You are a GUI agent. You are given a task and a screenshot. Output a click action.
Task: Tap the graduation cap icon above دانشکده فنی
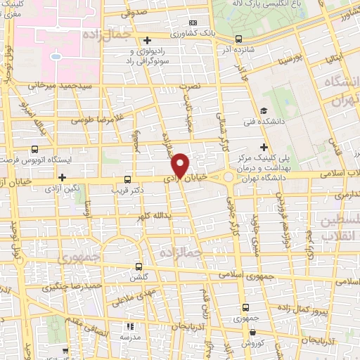coord(262,110)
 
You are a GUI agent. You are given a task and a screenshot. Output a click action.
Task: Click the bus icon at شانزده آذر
coord(238,39)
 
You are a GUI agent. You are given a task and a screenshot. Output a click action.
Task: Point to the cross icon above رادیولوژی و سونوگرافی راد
coord(146,39)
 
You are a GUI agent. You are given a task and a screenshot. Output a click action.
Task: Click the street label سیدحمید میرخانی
coord(60,86)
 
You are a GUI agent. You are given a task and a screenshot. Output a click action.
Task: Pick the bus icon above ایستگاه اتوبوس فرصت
coord(34,149)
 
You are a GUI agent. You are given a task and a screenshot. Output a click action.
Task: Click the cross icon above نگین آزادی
coord(62,178)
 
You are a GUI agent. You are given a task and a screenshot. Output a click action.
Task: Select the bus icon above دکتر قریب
coord(127,179)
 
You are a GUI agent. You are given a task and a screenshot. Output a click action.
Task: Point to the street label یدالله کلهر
coord(155,213)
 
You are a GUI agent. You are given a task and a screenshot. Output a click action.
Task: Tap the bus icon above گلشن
coord(138,266)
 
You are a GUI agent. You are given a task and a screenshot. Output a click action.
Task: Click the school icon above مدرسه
coord(129,326)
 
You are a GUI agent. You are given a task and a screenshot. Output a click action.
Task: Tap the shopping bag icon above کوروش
coord(245,332)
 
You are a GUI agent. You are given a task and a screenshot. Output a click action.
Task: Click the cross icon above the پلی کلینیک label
coord(263,147)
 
